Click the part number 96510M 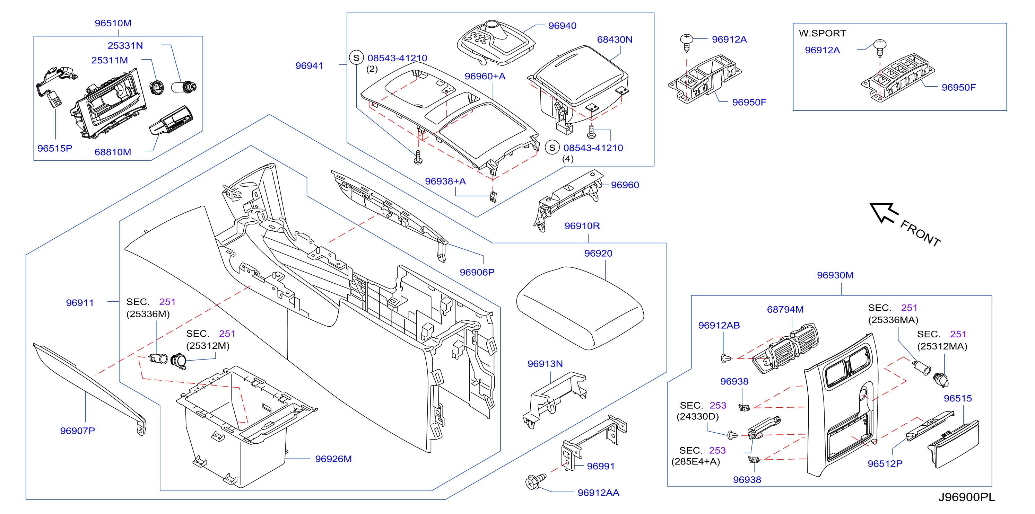pyautogui.click(x=113, y=23)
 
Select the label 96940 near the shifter pyautogui.click(x=562, y=26)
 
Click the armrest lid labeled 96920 pyautogui.click(x=580, y=308)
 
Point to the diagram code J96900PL pyautogui.click(x=967, y=497)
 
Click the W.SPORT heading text pyautogui.click(x=822, y=33)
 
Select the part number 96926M pyautogui.click(x=333, y=459)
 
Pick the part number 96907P pyautogui.click(x=78, y=431)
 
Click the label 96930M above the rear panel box pyautogui.click(x=835, y=275)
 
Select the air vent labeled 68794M pyautogui.click(x=784, y=348)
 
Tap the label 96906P pyautogui.click(x=477, y=272)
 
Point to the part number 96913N pyautogui.click(x=545, y=364)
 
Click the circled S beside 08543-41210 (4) pyautogui.click(x=553, y=148)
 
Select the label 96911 pyautogui.click(x=80, y=303)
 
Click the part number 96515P pyautogui.click(x=55, y=149)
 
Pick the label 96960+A pyautogui.click(x=485, y=76)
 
